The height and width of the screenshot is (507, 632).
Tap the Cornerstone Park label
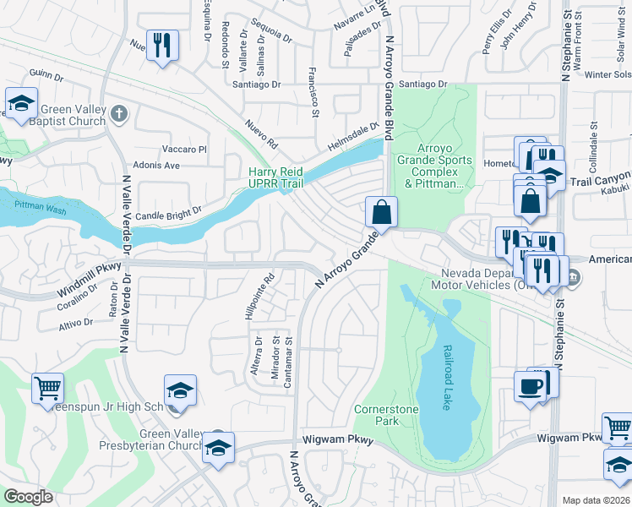pos(387,414)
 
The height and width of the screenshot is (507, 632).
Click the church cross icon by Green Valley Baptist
pos(119,113)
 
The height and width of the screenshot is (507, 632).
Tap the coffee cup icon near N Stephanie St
pos(530,387)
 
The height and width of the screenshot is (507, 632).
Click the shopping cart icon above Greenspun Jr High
pos(47,388)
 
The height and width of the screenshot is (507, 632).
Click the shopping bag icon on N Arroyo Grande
pos(381,211)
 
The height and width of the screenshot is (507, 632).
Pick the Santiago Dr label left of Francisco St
pos(256,84)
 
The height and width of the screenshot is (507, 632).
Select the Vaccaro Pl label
pos(184,150)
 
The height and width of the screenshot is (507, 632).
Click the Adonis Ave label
pos(155,165)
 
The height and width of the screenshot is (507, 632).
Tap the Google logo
pos(28,497)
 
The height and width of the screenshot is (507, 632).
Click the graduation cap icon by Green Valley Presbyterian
pos(218,447)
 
